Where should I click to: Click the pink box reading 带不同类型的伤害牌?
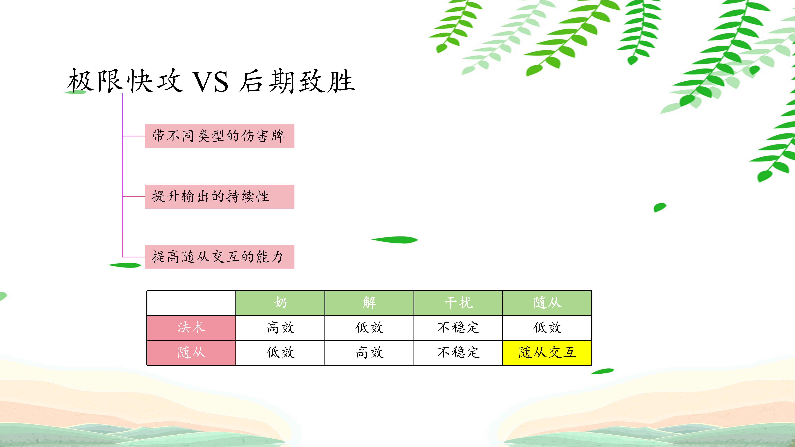click(x=219, y=136)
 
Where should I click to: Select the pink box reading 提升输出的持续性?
click(x=219, y=196)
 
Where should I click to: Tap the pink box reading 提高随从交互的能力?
click(x=219, y=257)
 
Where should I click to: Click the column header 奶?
click(x=280, y=303)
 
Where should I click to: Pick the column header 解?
click(x=369, y=303)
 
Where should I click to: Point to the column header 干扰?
click(x=458, y=303)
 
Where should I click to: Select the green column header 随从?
click(x=547, y=303)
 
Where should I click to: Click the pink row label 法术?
click(x=191, y=328)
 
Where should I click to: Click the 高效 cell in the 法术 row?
click(x=280, y=328)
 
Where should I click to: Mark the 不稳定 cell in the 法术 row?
click(x=458, y=328)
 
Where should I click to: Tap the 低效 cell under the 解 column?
click(x=369, y=328)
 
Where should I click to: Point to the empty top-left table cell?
click(x=191, y=303)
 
